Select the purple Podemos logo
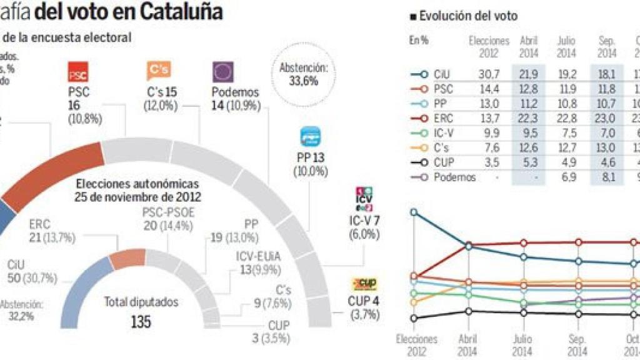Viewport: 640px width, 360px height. [x=223, y=72]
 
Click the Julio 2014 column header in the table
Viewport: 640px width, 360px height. [x=566, y=47]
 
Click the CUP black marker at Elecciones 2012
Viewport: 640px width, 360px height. [x=413, y=318]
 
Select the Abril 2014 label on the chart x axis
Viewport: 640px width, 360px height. [x=468, y=345]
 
